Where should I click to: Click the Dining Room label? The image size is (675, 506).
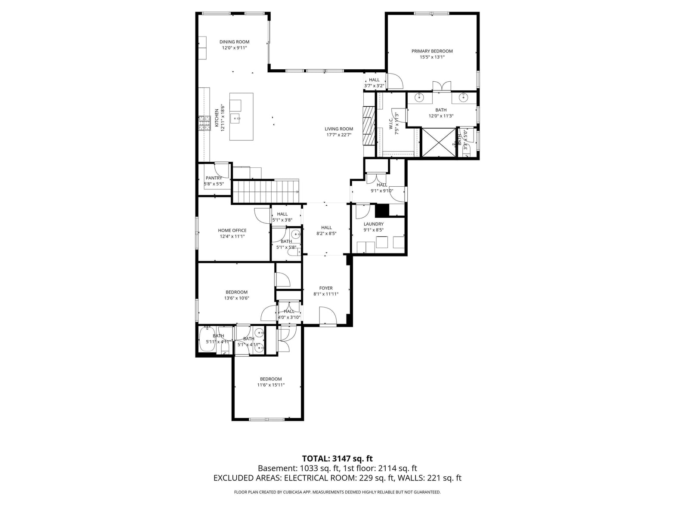tap(234, 42)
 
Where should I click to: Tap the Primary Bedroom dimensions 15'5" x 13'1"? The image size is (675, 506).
tap(432, 57)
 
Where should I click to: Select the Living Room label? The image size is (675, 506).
tap(339, 129)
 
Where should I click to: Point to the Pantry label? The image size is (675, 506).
tap(214, 178)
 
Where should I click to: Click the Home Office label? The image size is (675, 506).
tap(232, 231)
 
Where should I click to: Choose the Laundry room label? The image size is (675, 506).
tap(374, 224)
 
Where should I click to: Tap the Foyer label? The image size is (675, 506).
tap(326, 288)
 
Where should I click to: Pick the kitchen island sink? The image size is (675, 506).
tap(236, 118)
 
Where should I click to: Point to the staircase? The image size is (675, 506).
tap(265, 191)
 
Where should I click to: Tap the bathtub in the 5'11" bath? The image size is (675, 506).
tap(207, 339)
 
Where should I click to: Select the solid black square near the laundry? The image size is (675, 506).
tap(382, 210)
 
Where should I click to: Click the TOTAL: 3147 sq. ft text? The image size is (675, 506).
tap(337, 459)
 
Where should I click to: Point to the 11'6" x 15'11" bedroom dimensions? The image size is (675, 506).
tap(271, 385)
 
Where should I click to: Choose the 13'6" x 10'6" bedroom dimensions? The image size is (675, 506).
tap(236, 298)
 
